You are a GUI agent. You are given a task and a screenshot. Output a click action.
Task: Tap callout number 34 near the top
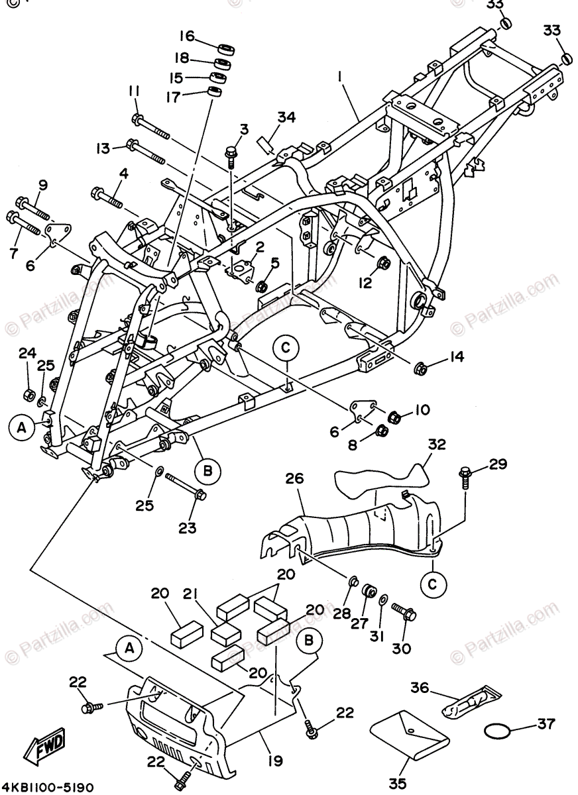point(286,118)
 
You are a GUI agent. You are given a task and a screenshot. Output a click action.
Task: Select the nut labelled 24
point(29,395)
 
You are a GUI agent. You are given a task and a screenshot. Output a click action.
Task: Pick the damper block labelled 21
point(225,632)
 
